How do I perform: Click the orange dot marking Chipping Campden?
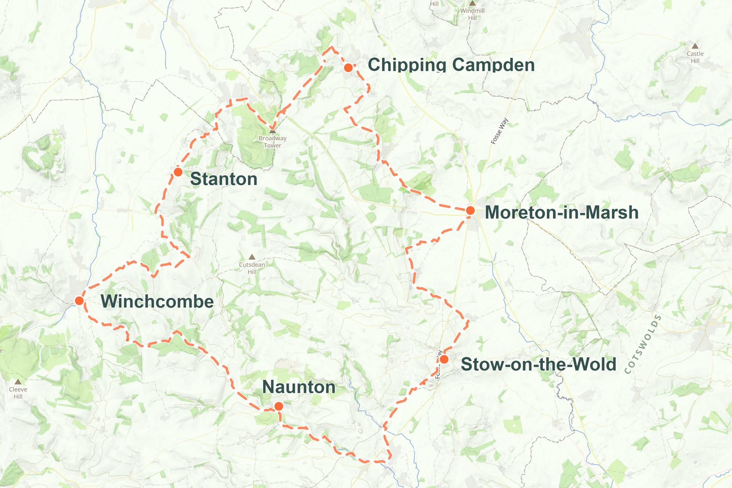tap(348, 68)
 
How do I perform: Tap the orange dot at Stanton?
tap(178, 172)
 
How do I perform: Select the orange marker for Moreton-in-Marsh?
tap(470, 210)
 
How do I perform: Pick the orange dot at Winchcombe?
tap(79, 301)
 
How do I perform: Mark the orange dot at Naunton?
tap(279, 406)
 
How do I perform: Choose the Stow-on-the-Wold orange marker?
tap(444, 359)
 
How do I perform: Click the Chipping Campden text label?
tap(451, 65)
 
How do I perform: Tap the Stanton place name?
tap(224, 179)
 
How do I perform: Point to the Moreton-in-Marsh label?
tap(562, 213)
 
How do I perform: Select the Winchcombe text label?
tap(157, 302)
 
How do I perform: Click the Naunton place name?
tap(299, 387)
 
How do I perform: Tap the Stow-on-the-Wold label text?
tap(538, 364)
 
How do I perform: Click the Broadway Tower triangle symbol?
tap(273, 131)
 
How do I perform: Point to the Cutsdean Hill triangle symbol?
tap(252, 257)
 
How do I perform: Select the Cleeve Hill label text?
tap(18, 393)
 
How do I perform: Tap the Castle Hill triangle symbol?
tap(695, 46)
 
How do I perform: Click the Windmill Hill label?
tap(472, 14)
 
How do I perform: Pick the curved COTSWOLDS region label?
tap(643, 344)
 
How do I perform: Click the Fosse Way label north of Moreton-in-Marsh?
tap(499, 131)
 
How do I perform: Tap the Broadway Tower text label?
tap(273, 142)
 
